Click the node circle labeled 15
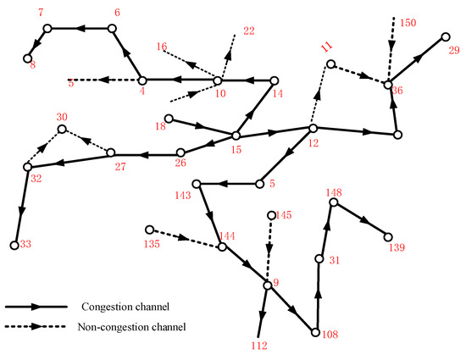pos(236,136)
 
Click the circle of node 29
pos(445,37)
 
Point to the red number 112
pos(259,346)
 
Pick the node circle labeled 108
pos(316,333)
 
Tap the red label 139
pos(395,248)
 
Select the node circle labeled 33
pos(15,246)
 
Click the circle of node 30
pos(62,130)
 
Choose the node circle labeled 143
pos(196,184)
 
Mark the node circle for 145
pos(271,215)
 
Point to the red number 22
pos(248,31)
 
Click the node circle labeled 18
pos(169,118)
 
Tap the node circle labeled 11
pos(331,64)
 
